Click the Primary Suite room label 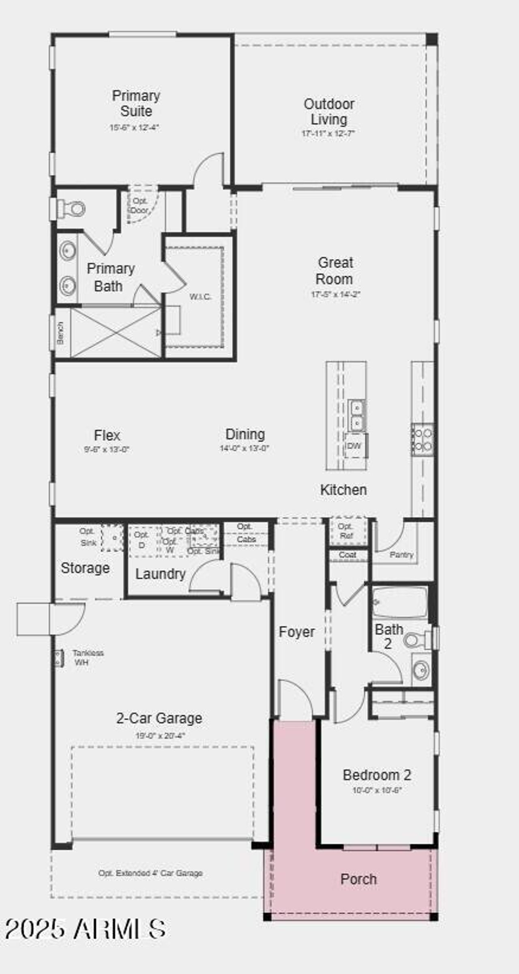click(x=136, y=103)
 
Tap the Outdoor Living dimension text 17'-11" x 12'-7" click(x=328, y=134)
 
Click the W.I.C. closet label click(x=200, y=296)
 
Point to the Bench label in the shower click(x=60, y=333)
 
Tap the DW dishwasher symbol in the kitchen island click(x=354, y=445)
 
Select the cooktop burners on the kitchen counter click(x=422, y=440)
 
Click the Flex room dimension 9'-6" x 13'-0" click(x=106, y=449)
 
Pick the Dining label click(x=245, y=434)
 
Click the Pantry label click(x=401, y=554)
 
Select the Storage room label click(x=85, y=568)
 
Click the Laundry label click(x=160, y=574)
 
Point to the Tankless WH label click(x=87, y=657)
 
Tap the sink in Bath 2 click(x=421, y=670)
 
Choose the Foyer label click(x=296, y=632)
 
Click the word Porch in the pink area click(x=358, y=879)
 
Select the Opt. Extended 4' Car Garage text click(x=150, y=873)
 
